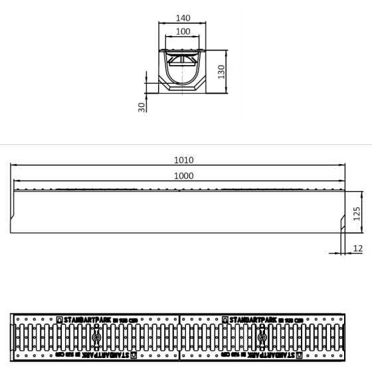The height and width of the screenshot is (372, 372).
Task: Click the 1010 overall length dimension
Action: (x=183, y=160)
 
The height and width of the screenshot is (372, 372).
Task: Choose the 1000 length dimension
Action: (x=183, y=175)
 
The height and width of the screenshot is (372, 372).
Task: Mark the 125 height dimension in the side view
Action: (x=356, y=213)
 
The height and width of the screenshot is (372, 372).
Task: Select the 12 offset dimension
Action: (x=358, y=248)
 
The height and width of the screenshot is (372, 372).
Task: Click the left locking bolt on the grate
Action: (x=96, y=338)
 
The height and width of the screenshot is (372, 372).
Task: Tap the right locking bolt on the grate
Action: (x=264, y=338)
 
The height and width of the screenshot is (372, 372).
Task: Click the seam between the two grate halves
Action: (x=180, y=338)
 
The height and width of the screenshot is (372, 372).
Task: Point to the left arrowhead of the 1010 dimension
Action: (x=12, y=165)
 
